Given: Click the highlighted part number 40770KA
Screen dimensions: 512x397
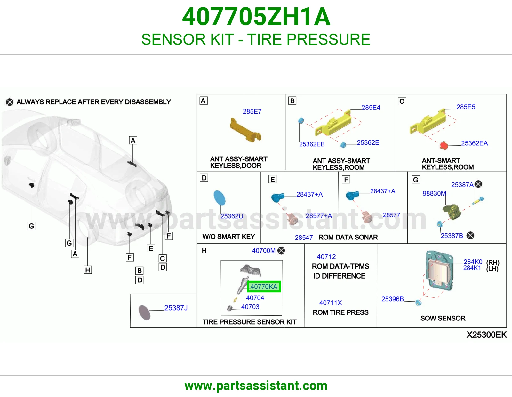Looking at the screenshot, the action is tap(264, 287).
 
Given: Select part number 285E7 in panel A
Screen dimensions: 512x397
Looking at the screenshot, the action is tap(252, 111).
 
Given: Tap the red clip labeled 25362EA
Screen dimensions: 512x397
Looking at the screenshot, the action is tap(444, 145).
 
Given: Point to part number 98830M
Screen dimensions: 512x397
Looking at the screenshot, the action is tap(434, 194).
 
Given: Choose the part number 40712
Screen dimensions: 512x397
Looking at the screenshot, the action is tap(326, 257).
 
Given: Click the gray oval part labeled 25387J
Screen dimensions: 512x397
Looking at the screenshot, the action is tap(144, 312).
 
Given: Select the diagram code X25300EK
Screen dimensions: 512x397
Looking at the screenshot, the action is tap(486, 335).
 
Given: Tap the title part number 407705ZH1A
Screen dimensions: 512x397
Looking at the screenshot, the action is tap(256, 17).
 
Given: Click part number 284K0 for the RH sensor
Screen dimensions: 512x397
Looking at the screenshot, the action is tap(473, 262).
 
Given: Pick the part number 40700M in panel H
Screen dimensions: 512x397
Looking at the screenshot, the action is tap(264, 251).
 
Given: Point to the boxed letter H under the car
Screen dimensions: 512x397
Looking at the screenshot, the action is tap(88, 270).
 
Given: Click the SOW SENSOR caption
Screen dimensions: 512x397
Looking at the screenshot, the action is tap(443, 318).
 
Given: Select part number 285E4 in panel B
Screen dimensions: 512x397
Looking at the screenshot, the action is tap(371, 108).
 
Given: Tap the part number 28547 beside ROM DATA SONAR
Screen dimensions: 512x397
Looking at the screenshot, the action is tap(304, 237).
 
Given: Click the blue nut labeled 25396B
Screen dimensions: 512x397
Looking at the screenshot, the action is tap(418, 302).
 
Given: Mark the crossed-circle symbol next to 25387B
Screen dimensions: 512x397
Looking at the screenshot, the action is tap(470, 235).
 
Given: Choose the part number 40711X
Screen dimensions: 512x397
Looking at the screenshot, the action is tap(330, 303).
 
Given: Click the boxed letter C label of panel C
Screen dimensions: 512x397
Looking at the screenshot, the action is tap(402, 101).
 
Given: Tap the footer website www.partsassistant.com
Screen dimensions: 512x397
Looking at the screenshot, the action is tap(256, 386).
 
